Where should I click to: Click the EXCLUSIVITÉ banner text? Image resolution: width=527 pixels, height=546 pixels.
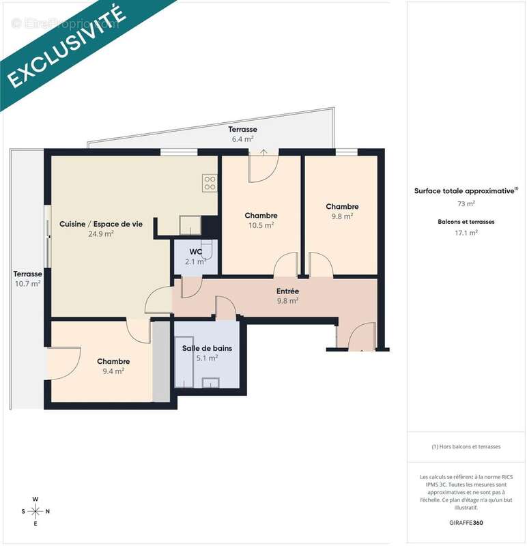coord(66,48)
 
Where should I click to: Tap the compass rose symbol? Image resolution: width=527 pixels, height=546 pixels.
coord(35,511)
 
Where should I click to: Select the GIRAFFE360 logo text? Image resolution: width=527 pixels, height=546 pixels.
coord(466,523)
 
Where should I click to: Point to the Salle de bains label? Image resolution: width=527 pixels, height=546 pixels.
coord(207,348)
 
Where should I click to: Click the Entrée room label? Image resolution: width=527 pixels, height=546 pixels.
coord(287,291)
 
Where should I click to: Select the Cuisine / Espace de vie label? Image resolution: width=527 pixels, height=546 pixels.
coord(101,224)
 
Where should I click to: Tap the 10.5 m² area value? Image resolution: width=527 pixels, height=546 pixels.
coord(261,225)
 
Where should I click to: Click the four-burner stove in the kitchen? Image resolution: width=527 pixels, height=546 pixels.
coord(210,182)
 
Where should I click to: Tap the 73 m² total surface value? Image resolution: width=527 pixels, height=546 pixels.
coord(466,203)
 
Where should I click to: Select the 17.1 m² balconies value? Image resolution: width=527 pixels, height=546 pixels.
coord(466,232)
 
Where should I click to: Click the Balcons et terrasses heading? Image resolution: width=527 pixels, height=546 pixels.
coord(466,222)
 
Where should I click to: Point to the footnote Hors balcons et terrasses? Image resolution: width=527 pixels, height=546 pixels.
coord(466,446)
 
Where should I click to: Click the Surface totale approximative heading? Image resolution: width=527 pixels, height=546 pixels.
coord(465,192)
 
